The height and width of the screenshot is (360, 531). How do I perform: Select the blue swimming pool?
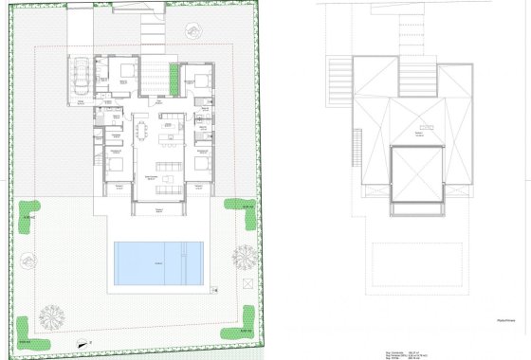pos(159,261)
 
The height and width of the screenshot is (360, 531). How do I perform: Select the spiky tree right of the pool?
pos(244,255)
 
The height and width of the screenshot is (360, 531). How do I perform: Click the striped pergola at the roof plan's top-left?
pos(339,74)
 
